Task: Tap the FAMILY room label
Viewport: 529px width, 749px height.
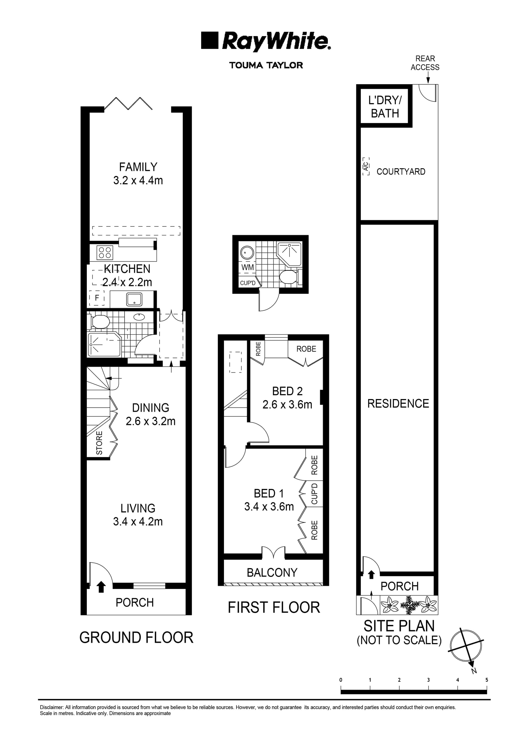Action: [138, 167]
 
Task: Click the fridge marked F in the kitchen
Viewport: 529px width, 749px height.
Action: [97, 298]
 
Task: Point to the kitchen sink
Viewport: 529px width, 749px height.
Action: [134, 299]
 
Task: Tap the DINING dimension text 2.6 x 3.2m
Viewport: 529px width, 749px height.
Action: [151, 421]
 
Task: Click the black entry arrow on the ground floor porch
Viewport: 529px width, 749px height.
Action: [101, 587]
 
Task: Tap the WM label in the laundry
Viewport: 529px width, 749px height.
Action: [247, 267]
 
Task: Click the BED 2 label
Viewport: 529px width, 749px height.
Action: [287, 391]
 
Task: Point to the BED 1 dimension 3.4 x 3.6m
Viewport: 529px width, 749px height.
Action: [269, 507]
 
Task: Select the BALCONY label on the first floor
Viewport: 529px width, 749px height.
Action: [272, 573]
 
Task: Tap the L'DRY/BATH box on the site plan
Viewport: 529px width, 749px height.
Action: [385, 107]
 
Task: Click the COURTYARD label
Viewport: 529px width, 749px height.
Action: [401, 172]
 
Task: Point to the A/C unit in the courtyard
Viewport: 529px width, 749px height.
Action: [366, 167]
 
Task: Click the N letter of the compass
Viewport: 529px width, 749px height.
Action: [474, 671]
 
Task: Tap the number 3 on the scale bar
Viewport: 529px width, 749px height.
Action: [428, 680]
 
